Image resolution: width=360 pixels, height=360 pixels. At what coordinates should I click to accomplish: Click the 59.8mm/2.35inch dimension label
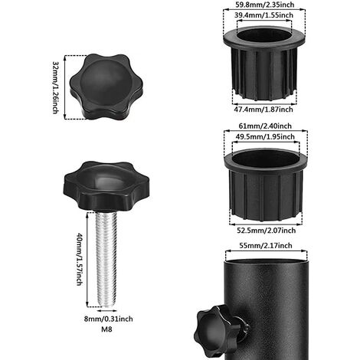pos(264,5)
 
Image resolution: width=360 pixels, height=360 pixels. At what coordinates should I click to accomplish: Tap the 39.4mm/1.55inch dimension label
pos(263,15)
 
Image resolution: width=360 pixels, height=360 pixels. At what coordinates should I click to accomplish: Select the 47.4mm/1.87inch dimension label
pos(263,110)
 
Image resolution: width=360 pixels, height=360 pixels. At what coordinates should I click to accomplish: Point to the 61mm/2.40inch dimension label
pos(265,126)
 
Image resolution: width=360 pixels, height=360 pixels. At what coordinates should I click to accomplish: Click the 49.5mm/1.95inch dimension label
pos(265,137)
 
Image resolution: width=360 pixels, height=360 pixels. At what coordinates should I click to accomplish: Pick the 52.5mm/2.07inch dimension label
pos(267,231)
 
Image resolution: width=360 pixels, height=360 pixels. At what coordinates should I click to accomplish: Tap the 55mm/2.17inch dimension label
pos(266,246)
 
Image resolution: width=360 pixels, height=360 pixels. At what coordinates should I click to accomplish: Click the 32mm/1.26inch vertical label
pos(56,87)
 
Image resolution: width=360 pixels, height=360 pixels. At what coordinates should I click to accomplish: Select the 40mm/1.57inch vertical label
pos(80,259)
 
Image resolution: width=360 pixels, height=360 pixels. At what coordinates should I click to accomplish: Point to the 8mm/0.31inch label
pos(109,319)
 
